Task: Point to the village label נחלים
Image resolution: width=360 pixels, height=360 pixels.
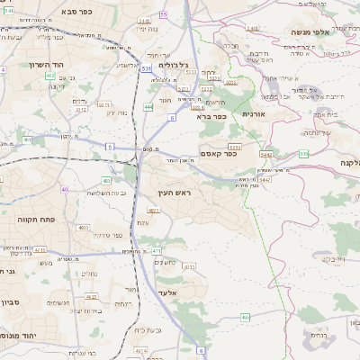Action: tap(90, 273)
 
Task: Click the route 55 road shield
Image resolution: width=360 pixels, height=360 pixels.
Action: tap(163, 14)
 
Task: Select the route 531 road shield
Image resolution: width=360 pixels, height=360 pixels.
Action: tap(147, 67)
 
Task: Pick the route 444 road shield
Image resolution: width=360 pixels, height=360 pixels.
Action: tap(148, 107)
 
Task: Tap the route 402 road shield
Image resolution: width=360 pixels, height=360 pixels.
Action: tap(107, 181)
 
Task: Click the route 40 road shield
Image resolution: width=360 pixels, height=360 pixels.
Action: tap(65, 189)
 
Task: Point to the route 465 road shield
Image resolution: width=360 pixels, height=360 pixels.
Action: tap(245, 317)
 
